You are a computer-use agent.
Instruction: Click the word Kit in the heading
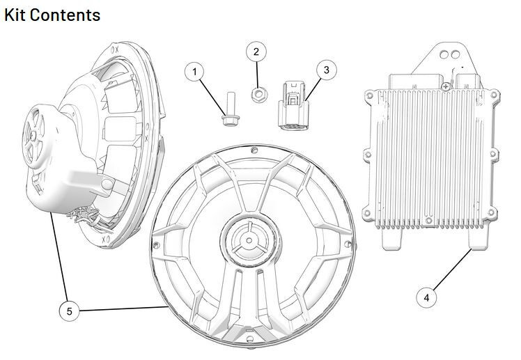[17, 14]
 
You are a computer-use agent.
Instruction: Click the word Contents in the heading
[65, 14]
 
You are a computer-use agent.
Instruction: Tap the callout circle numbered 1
[195, 71]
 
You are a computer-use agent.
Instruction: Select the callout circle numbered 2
[256, 52]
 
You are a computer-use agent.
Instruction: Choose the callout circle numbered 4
[426, 297]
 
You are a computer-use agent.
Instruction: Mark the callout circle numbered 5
[69, 311]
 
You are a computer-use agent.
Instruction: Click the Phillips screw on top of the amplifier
[444, 85]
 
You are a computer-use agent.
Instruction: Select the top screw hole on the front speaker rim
[256, 150]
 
